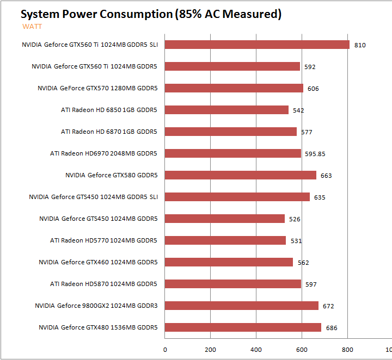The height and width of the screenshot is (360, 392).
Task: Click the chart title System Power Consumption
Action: pyautogui.click(x=151, y=14)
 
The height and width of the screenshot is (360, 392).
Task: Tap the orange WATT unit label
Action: pyautogui.click(x=32, y=26)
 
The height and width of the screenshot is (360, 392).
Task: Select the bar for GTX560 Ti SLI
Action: pyautogui.click(x=257, y=45)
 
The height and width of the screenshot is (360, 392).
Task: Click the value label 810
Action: pyautogui.click(x=360, y=45)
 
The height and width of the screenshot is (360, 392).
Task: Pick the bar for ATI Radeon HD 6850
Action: pyautogui.click(x=226, y=110)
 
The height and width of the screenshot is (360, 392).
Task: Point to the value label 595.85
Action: pyautogui.click(x=315, y=154)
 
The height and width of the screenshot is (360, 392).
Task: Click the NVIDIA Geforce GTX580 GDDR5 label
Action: pyautogui.click(x=111, y=175)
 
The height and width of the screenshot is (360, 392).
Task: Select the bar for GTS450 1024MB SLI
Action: pyautogui.click(x=237, y=197)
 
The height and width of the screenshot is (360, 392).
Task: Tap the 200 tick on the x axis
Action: pyautogui.click(x=211, y=350)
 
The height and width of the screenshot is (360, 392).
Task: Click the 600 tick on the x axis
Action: pyautogui.click(x=303, y=350)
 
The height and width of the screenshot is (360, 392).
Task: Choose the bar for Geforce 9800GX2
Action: pyautogui.click(x=242, y=306)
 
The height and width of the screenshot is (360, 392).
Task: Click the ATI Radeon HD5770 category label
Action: pyautogui.click(x=103, y=240)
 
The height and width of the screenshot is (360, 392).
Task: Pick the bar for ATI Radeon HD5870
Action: pyautogui.click(x=232, y=284)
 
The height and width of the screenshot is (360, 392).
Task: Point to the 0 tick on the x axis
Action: pyautogui.click(x=165, y=350)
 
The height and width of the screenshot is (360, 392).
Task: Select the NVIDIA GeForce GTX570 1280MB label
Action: pyautogui.click(x=97, y=88)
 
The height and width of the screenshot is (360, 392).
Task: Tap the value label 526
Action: pyautogui.click(x=295, y=219)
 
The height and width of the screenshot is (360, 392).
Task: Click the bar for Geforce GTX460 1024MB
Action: pyautogui.click(x=229, y=262)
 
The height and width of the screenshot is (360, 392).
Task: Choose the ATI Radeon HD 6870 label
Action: pyautogui.click(x=109, y=132)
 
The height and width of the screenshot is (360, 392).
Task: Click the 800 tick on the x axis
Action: pyautogui.click(x=348, y=350)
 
